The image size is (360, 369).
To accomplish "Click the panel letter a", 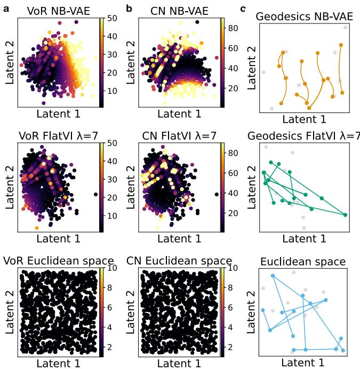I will coord(6,9).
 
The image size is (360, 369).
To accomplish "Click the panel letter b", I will coord(129,9).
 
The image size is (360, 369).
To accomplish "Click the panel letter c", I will coord(243,9).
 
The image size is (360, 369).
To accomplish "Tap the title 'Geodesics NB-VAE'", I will coord(303,17).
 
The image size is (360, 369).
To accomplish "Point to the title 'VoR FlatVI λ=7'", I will coord(59,135).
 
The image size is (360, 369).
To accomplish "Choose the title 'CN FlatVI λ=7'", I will coord(179,135).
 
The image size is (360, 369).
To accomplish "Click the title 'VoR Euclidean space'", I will coord(59,261).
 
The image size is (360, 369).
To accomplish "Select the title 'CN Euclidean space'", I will coord(179,261).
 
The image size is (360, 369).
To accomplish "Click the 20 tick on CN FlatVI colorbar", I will coord(233,213).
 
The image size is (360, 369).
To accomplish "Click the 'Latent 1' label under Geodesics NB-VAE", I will coord(303,119).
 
